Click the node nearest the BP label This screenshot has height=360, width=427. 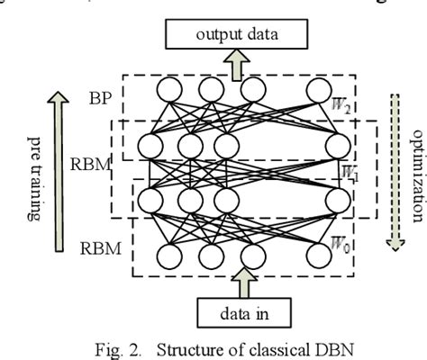(x=168, y=91)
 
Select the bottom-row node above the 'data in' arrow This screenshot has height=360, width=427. (x=252, y=256)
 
